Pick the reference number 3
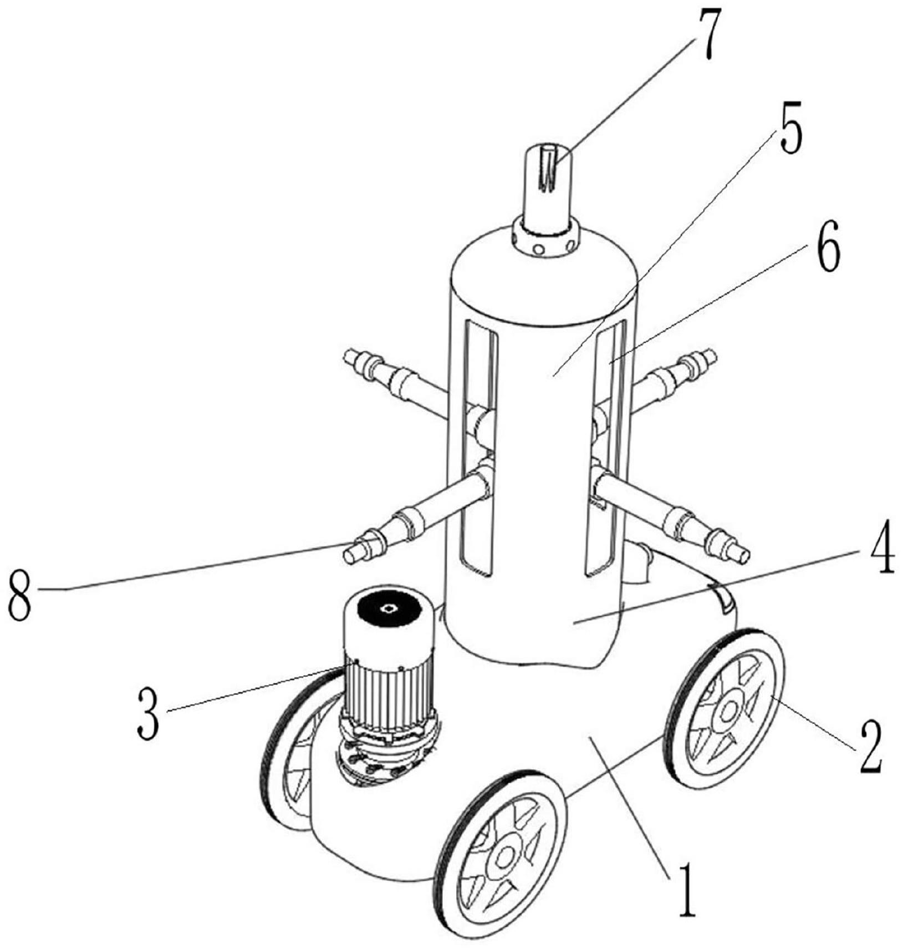(149, 718)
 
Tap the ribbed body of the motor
(388, 688)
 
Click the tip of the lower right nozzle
(740, 552)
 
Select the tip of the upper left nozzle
(350, 355)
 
